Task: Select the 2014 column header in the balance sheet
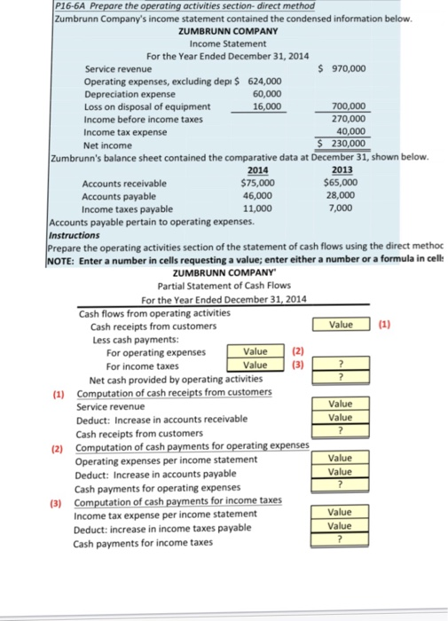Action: click(x=255, y=171)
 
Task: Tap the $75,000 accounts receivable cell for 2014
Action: click(x=257, y=184)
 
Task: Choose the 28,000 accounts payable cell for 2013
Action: click(x=341, y=196)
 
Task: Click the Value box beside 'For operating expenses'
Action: click(x=255, y=351)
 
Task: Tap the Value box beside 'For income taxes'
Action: click(x=255, y=365)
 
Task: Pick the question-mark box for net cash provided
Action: click(x=341, y=378)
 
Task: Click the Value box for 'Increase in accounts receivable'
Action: click(x=341, y=418)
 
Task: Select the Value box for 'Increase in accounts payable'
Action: click(x=341, y=472)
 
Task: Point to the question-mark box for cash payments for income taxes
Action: click(x=341, y=541)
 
